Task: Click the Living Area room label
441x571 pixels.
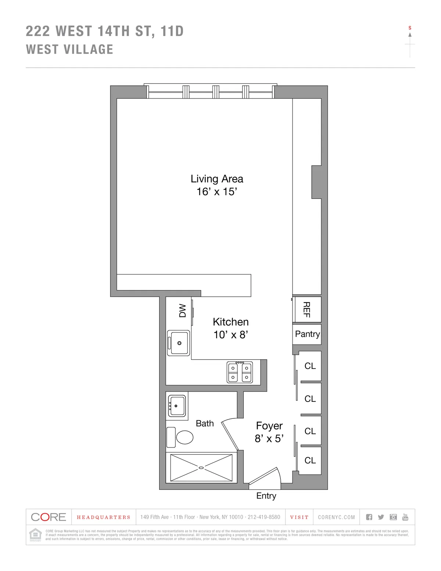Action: tap(217, 179)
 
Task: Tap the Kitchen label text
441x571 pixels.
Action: tap(231, 322)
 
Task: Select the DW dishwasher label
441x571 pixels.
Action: tap(183, 311)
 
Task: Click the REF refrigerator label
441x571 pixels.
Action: tap(306, 310)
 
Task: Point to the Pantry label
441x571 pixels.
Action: tap(307, 334)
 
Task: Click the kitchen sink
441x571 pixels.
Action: tap(179, 343)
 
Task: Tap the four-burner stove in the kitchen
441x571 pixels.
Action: tap(240, 372)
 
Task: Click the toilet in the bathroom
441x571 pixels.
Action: tap(184, 437)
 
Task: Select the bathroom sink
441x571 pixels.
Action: tap(177, 406)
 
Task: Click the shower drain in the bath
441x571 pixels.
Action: tap(201, 468)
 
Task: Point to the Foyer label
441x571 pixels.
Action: tap(269, 426)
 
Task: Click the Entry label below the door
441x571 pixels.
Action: tap(266, 496)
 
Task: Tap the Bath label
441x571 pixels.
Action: tap(205, 423)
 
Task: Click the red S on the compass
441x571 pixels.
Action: tap(410, 28)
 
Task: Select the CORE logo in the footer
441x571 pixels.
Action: tap(49, 517)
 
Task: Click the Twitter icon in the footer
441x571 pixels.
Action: tap(381, 517)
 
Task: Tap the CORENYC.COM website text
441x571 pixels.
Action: tap(336, 517)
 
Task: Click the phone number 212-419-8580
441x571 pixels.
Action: tap(264, 517)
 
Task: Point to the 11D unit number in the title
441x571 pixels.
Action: tap(172, 31)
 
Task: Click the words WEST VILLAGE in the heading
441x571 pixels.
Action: tap(69, 49)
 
